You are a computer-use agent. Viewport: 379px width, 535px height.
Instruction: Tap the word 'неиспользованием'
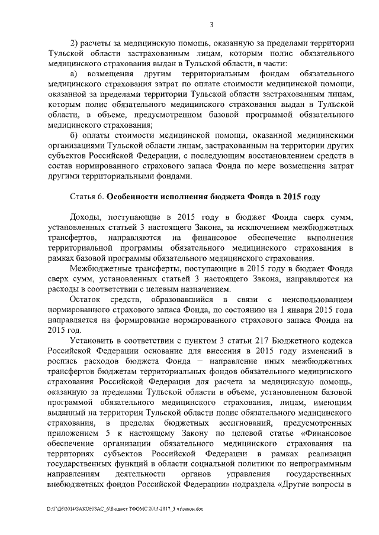(x=316, y=299)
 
